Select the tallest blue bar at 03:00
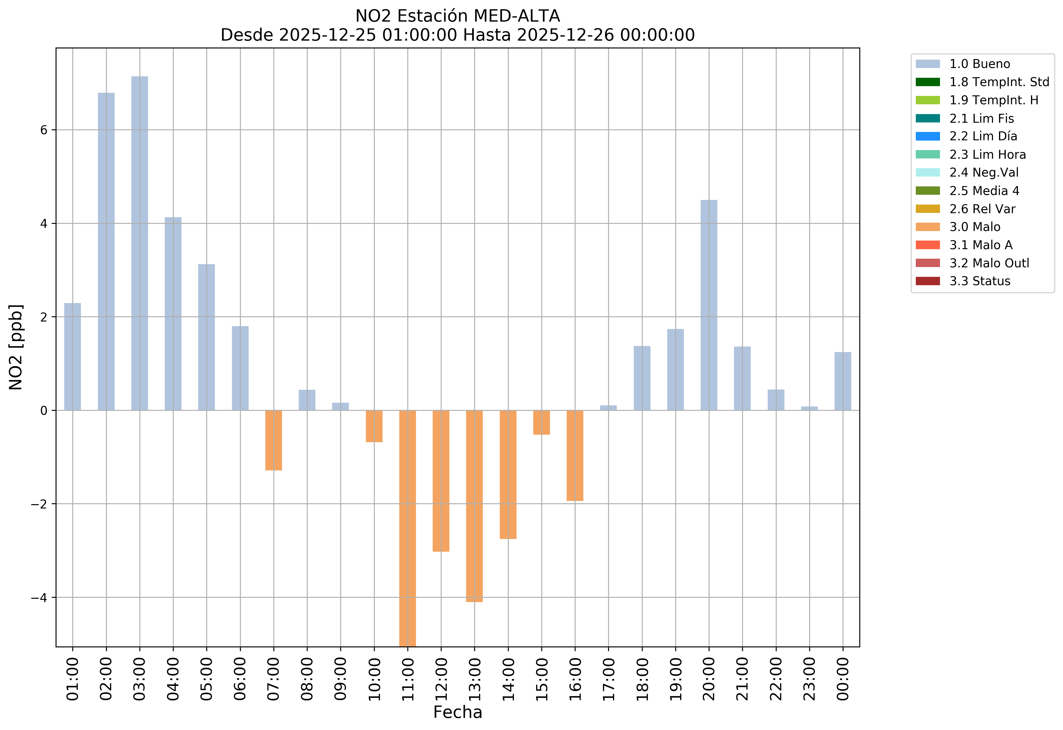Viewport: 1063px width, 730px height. (139, 243)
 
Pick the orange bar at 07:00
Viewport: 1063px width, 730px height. (273, 440)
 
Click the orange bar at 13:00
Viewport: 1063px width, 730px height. (474, 506)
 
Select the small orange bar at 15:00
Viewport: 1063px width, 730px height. (542, 422)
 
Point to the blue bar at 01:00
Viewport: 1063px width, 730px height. (73, 357)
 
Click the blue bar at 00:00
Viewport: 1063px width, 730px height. (843, 381)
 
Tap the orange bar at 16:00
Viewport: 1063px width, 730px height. (575, 455)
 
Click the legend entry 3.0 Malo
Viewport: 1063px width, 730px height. (974, 227)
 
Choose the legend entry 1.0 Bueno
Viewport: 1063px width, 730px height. (979, 64)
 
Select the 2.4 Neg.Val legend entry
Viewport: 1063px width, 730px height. (983, 173)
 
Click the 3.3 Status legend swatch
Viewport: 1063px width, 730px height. (928, 281)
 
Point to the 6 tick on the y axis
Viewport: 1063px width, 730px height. (44, 130)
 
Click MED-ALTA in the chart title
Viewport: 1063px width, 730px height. (517, 16)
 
